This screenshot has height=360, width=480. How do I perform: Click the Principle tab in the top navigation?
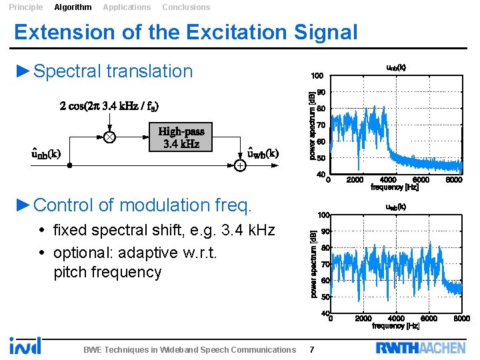coord(25,7)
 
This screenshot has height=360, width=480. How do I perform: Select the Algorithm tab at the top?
coord(73,7)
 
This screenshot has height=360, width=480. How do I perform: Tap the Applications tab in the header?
coord(127,7)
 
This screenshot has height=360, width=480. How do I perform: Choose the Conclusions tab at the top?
coord(186,7)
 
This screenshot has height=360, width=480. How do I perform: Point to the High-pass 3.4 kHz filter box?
coord(181,137)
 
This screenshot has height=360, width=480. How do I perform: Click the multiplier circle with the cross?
coord(109,137)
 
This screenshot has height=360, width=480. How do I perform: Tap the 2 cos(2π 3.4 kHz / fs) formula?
coord(109,106)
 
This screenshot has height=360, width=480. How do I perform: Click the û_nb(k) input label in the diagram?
coord(46,154)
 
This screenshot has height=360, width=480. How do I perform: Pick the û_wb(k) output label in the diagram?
coord(263,153)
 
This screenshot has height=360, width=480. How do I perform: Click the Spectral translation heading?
coord(112,71)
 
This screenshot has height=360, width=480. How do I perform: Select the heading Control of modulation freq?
coord(142,205)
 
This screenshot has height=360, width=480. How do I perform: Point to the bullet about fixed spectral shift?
coord(163,231)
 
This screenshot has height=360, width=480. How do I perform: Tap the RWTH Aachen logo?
coord(420,347)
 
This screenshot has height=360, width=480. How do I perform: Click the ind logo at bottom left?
coord(25,345)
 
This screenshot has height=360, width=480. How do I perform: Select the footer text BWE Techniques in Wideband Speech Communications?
coord(189,349)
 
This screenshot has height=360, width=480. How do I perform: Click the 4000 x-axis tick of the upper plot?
coord(387,179)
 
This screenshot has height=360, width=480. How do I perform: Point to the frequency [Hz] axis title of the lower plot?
coord(395,326)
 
